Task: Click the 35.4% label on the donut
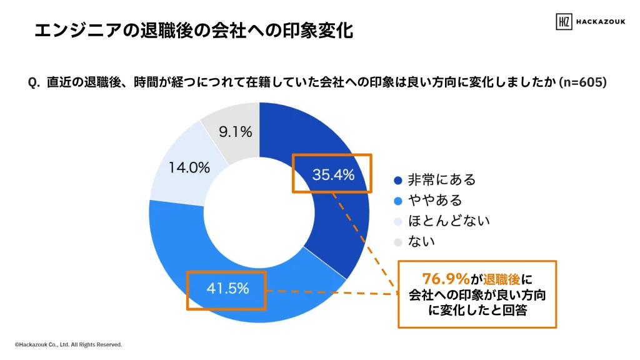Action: pos(333,175)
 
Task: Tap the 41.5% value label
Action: pos(227,289)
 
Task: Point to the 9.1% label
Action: pos(235,132)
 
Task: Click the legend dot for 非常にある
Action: pos(397,181)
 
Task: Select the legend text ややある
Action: pos(435,201)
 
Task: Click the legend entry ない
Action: pos(421,241)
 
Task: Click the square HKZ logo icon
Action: pos(564,21)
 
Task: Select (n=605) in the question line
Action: pos(582,82)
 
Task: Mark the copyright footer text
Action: pos(69,344)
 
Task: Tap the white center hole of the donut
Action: pos(259,212)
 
